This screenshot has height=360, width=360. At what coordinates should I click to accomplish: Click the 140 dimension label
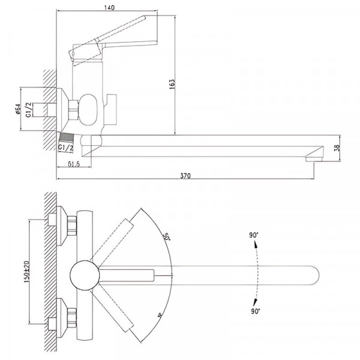coord(109,8)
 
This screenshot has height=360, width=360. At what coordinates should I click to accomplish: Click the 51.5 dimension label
coord(74,164)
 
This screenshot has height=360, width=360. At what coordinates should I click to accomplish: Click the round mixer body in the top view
coord(83,275)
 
